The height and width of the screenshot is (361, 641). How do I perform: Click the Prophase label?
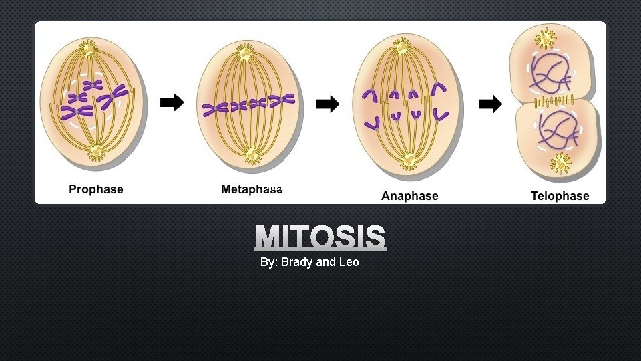click(96, 189)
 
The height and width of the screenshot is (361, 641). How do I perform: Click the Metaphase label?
click(252, 189)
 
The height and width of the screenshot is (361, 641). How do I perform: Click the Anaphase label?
click(409, 196)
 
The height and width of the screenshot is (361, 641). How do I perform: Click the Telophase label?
click(560, 196)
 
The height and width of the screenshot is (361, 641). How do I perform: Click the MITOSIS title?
click(320, 238)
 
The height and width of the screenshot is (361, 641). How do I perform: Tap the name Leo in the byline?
click(349, 262)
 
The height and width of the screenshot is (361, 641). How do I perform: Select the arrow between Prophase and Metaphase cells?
click(172, 103)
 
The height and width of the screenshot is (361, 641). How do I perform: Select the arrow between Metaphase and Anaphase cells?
click(327, 104)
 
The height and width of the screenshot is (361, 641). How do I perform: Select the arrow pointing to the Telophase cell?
click(491, 104)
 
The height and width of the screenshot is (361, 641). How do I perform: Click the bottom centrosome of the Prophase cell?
click(97, 153)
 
